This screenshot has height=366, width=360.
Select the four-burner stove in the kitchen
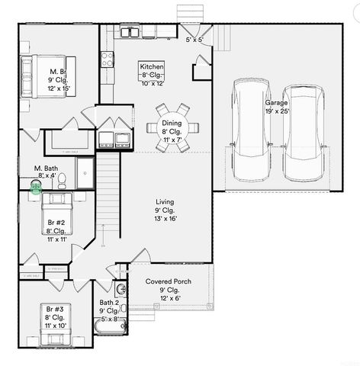tap(107, 56)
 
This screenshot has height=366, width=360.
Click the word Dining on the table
tap(171, 123)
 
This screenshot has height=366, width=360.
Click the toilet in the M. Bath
tap(64, 179)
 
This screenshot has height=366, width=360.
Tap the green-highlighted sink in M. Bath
tap(35, 185)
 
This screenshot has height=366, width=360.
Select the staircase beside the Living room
tap(109, 191)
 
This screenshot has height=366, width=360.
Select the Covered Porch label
tap(168, 282)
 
